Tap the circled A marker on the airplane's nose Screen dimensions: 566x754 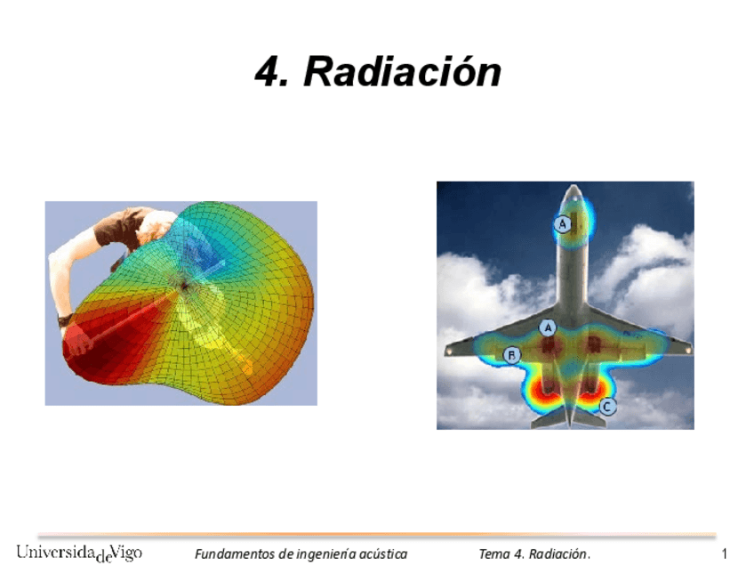(x=562, y=224)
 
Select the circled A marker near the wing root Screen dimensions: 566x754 (x=549, y=327)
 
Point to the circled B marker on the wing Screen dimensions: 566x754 (x=512, y=355)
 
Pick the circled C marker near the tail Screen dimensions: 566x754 (x=606, y=407)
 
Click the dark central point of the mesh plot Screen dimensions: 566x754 (x=183, y=286)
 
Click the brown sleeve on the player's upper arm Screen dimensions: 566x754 (x=111, y=230)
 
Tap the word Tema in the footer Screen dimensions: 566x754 (x=493, y=554)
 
